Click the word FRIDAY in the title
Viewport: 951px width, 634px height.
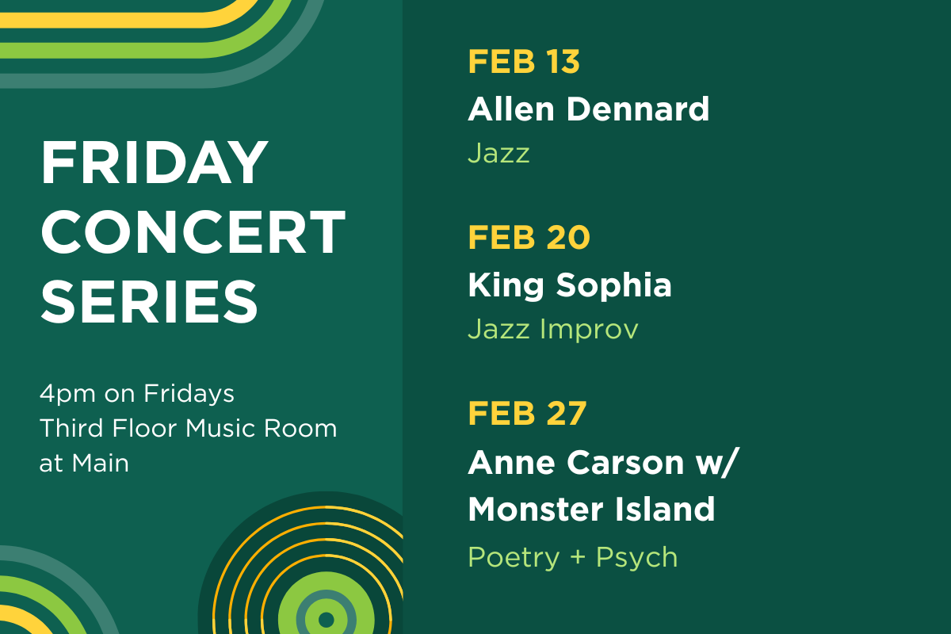[x=155, y=163]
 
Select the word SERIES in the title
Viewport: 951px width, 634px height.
[x=150, y=300]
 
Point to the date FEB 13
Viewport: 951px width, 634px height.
[x=524, y=62]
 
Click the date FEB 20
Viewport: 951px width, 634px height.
[x=529, y=238]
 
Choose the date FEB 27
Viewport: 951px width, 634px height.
[x=527, y=414]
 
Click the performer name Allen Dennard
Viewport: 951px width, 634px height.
[x=588, y=109]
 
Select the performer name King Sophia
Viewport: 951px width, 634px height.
[x=569, y=285]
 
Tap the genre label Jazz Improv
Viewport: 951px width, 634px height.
[x=552, y=329]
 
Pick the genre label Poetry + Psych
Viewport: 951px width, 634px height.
[x=572, y=557]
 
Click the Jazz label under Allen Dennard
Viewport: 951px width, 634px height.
[x=498, y=153]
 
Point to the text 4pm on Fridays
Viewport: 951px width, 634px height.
[x=137, y=393]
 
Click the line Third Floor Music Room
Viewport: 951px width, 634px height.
[x=189, y=429]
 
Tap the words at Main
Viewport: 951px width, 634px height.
[x=84, y=463]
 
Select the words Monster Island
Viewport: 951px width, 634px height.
[x=591, y=509]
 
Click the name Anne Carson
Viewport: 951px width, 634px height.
[x=575, y=462]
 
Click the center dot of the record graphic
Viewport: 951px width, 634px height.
[x=325, y=618]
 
